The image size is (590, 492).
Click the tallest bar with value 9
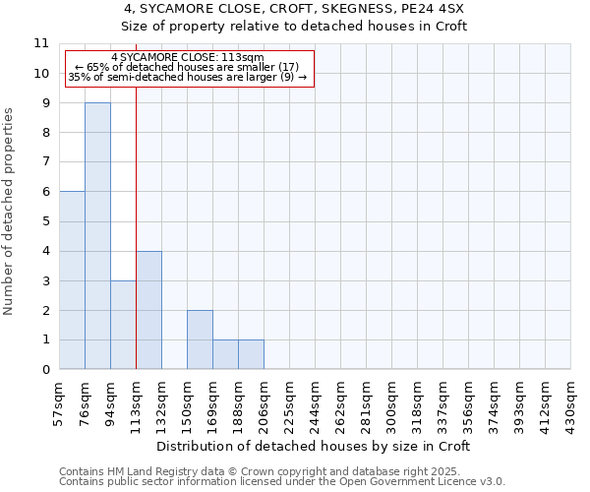tap(97, 236)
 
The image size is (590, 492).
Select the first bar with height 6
tap(72, 280)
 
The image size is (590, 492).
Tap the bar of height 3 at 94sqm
tap(123, 325)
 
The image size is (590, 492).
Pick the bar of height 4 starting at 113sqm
tap(148, 310)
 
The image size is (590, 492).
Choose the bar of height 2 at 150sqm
tap(200, 339)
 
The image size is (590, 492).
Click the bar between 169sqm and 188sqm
tap(225, 355)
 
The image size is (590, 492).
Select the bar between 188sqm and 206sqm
tap(251, 355)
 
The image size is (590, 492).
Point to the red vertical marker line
tap(136, 226)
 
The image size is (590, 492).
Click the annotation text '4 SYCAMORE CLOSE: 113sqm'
tap(188, 58)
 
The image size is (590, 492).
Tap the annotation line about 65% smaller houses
tap(188, 67)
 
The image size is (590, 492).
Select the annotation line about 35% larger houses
tap(188, 77)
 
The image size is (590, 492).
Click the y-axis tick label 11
tap(41, 44)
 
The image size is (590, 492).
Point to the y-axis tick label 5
tap(45, 221)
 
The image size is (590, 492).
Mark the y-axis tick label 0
tap(45, 370)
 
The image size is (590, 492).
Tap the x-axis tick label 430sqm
tap(571, 401)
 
